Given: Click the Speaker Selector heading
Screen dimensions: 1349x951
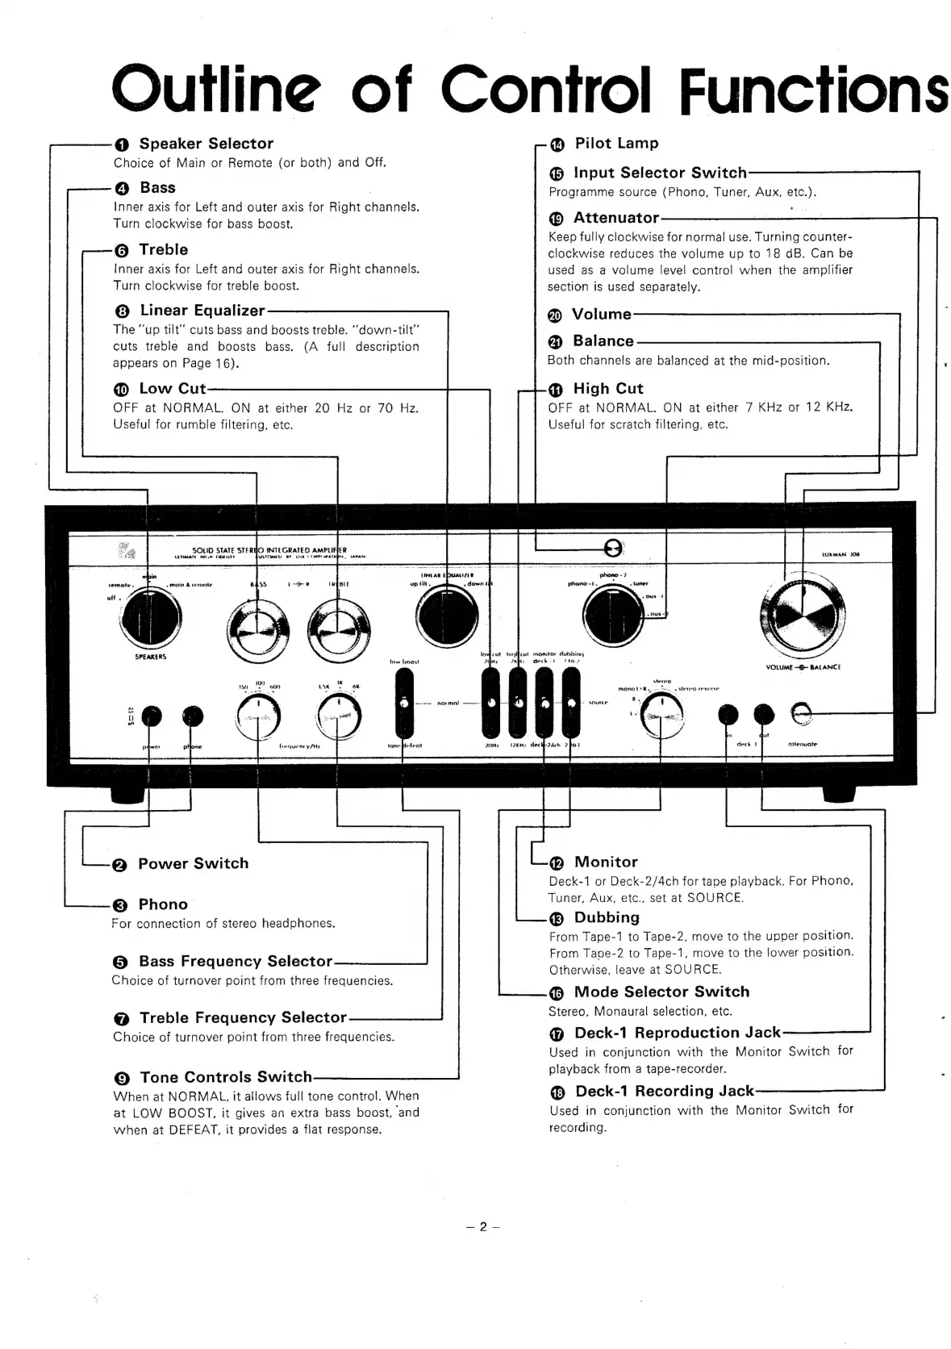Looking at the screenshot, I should point(206,144).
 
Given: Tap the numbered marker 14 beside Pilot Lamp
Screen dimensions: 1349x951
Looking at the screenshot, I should point(558,144).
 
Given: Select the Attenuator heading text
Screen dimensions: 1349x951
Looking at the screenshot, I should point(616,218).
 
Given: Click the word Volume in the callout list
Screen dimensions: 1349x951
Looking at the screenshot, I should point(601,315).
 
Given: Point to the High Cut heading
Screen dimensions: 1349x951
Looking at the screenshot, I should point(607,389).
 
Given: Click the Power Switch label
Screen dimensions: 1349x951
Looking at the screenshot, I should point(193,863).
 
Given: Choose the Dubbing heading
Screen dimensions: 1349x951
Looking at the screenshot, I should point(607,917).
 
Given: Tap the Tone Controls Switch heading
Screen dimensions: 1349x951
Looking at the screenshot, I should point(226,1077).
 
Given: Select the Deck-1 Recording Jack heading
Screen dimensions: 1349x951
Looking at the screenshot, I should point(664,1092).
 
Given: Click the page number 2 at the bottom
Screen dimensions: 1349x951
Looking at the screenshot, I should point(483,1227).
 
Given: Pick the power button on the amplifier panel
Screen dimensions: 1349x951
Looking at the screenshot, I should point(152,716).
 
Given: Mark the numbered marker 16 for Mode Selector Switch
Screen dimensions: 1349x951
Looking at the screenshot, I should point(557,994).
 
